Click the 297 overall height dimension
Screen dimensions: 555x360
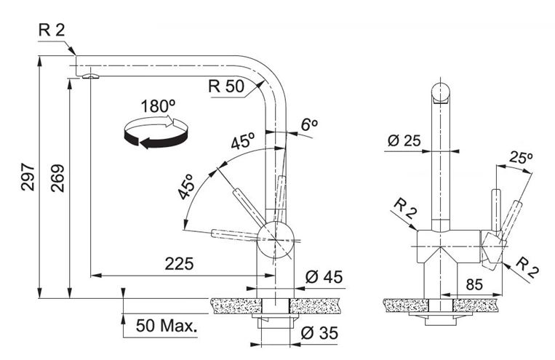pos(28,177)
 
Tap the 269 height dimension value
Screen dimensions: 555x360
pos(57,178)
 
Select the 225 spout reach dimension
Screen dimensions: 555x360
pos(180,264)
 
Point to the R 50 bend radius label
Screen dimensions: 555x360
pos(226,86)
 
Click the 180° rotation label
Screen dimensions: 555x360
pos(158,106)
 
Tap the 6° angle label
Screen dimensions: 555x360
pos(309,124)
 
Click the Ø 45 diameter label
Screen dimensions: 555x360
pos(324,277)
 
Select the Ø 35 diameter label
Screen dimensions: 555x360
pos(319,333)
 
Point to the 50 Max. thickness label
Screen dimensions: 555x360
pos(167,326)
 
